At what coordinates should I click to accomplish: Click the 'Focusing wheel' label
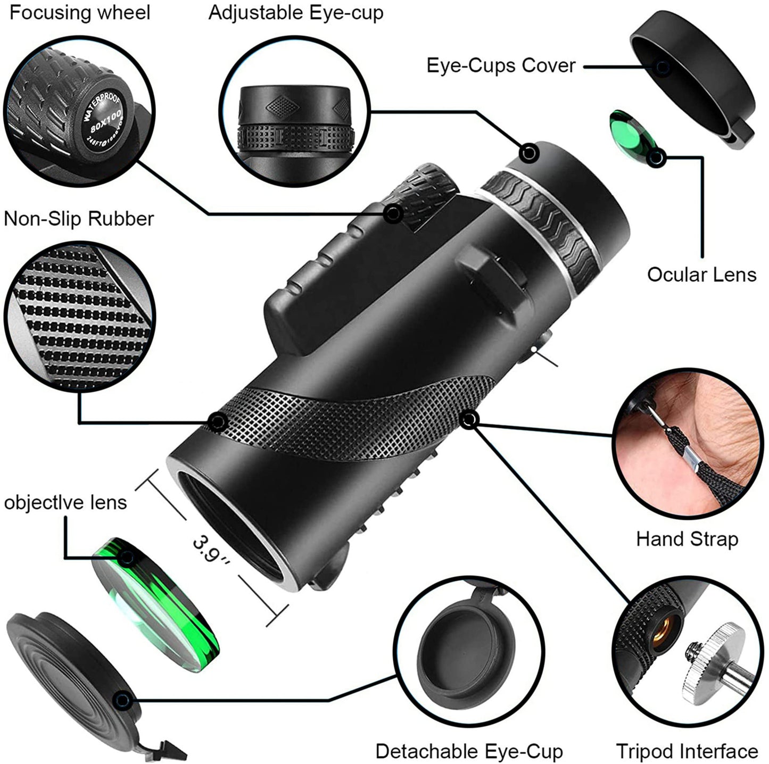tap(80, 13)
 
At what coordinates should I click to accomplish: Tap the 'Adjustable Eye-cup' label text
tap(296, 13)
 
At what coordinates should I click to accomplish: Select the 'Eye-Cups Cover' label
tap(501, 65)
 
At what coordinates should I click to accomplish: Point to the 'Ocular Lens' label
tap(701, 275)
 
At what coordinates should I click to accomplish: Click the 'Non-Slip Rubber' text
tap(79, 219)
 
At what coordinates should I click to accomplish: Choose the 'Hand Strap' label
tap(687, 539)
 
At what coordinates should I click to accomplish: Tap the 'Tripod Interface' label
tap(687, 751)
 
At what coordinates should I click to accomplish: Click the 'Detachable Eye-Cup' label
tap(469, 751)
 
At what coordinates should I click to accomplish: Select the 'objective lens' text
tap(65, 502)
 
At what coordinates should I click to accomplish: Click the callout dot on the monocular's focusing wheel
tap(393, 214)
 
